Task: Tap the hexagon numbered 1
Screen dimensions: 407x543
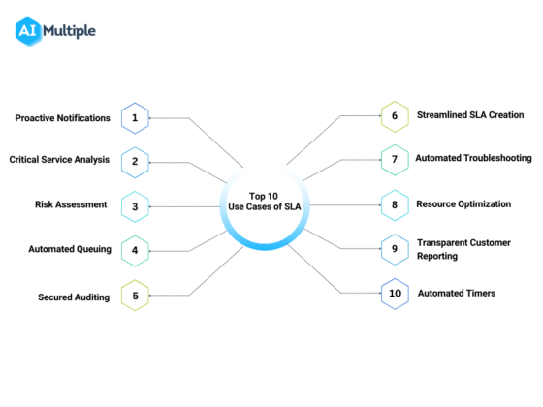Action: (136, 118)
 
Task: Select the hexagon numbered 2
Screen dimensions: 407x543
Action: (136, 162)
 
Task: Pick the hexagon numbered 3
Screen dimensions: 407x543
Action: (136, 205)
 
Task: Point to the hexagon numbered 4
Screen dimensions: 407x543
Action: (136, 249)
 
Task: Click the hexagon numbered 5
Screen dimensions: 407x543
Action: (136, 295)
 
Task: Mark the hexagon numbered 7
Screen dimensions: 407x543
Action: (395, 159)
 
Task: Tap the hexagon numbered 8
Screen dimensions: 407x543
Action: (395, 205)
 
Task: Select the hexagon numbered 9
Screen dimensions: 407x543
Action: (395, 249)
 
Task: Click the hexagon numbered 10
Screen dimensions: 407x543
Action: (395, 293)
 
